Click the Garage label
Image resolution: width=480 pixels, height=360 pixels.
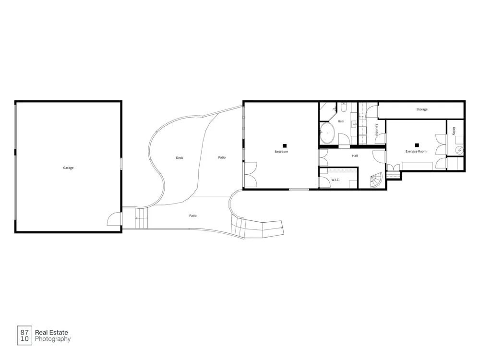[68, 168]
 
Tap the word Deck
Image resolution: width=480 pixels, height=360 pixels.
[180, 158]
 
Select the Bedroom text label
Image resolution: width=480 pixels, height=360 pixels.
[281, 152]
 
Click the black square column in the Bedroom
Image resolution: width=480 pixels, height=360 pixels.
[285, 146]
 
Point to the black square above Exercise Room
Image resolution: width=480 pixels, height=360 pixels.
[417, 145]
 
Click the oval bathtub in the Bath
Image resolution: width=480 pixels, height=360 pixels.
[327, 133]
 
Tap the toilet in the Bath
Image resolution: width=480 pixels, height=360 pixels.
[343, 108]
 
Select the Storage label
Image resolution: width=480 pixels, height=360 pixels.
[422, 109]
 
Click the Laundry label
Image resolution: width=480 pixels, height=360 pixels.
[376, 130]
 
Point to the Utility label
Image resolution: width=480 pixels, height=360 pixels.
[454, 131]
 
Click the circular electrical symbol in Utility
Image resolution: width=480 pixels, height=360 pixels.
[459, 151]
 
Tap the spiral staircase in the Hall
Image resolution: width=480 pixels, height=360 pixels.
[377, 180]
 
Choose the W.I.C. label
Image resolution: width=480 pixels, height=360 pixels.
[335, 180]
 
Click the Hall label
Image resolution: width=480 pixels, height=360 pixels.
[355, 156]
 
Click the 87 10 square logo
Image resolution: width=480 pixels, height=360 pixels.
[24, 336]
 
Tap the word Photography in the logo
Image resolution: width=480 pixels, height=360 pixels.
[53, 339]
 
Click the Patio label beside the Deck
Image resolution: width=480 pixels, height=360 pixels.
[222, 157]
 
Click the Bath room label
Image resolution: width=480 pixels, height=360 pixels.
[341, 121]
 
